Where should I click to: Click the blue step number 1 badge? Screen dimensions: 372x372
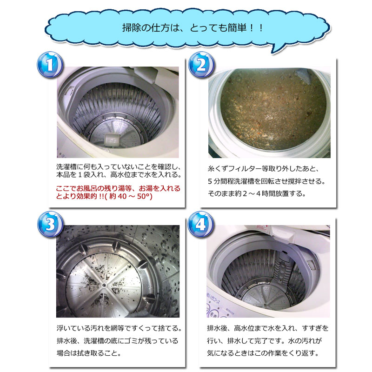coord(50,64)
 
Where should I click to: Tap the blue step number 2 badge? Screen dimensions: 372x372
coord(201,65)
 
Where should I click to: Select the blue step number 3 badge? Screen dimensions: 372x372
coord(50,224)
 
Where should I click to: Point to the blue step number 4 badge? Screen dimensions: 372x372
coord(201,224)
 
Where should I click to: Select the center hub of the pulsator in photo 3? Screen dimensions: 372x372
coord(104,285)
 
